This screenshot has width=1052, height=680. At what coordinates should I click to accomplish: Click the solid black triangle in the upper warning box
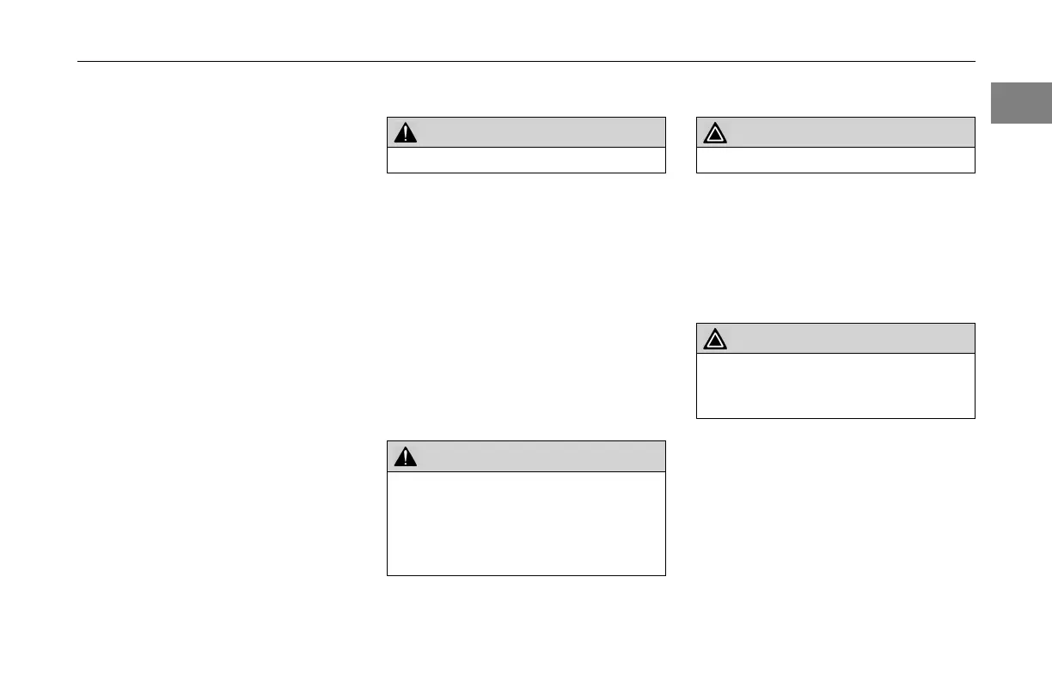pyautogui.click(x=405, y=133)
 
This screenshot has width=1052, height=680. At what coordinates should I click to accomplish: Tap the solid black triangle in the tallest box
pyautogui.click(x=405, y=457)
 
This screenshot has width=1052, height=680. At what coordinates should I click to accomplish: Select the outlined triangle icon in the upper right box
pyautogui.click(x=715, y=133)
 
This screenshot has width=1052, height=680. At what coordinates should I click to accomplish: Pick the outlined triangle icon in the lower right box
pyautogui.click(x=715, y=339)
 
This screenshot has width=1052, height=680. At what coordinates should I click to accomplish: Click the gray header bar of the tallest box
pyautogui.click(x=526, y=457)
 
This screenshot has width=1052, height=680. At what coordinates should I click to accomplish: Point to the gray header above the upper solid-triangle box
pyautogui.click(x=526, y=132)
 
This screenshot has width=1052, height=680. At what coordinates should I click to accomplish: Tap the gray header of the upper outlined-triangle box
pyautogui.click(x=835, y=132)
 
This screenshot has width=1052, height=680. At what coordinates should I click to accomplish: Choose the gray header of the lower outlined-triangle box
pyautogui.click(x=835, y=338)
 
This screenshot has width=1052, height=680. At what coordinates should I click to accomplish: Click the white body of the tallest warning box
pyautogui.click(x=526, y=523)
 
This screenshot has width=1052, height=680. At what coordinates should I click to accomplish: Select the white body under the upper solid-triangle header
pyautogui.click(x=526, y=161)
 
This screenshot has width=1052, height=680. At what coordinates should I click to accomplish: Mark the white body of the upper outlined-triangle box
pyautogui.click(x=835, y=161)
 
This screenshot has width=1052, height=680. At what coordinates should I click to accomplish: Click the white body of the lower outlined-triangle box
pyautogui.click(x=835, y=386)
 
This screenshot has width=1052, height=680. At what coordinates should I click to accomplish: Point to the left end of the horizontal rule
pyautogui.click(x=78, y=62)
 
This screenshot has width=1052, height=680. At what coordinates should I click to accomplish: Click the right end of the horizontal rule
pyautogui.click(x=975, y=62)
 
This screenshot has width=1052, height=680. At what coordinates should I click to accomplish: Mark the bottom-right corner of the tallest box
pyautogui.click(x=665, y=574)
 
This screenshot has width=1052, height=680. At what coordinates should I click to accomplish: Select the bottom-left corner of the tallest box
pyautogui.click(x=388, y=574)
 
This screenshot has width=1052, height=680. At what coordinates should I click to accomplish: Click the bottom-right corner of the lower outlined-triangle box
pyautogui.click(x=975, y=418)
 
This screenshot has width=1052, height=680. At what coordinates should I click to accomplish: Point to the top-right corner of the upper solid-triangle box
pyautogui.click(x=665, y=118)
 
